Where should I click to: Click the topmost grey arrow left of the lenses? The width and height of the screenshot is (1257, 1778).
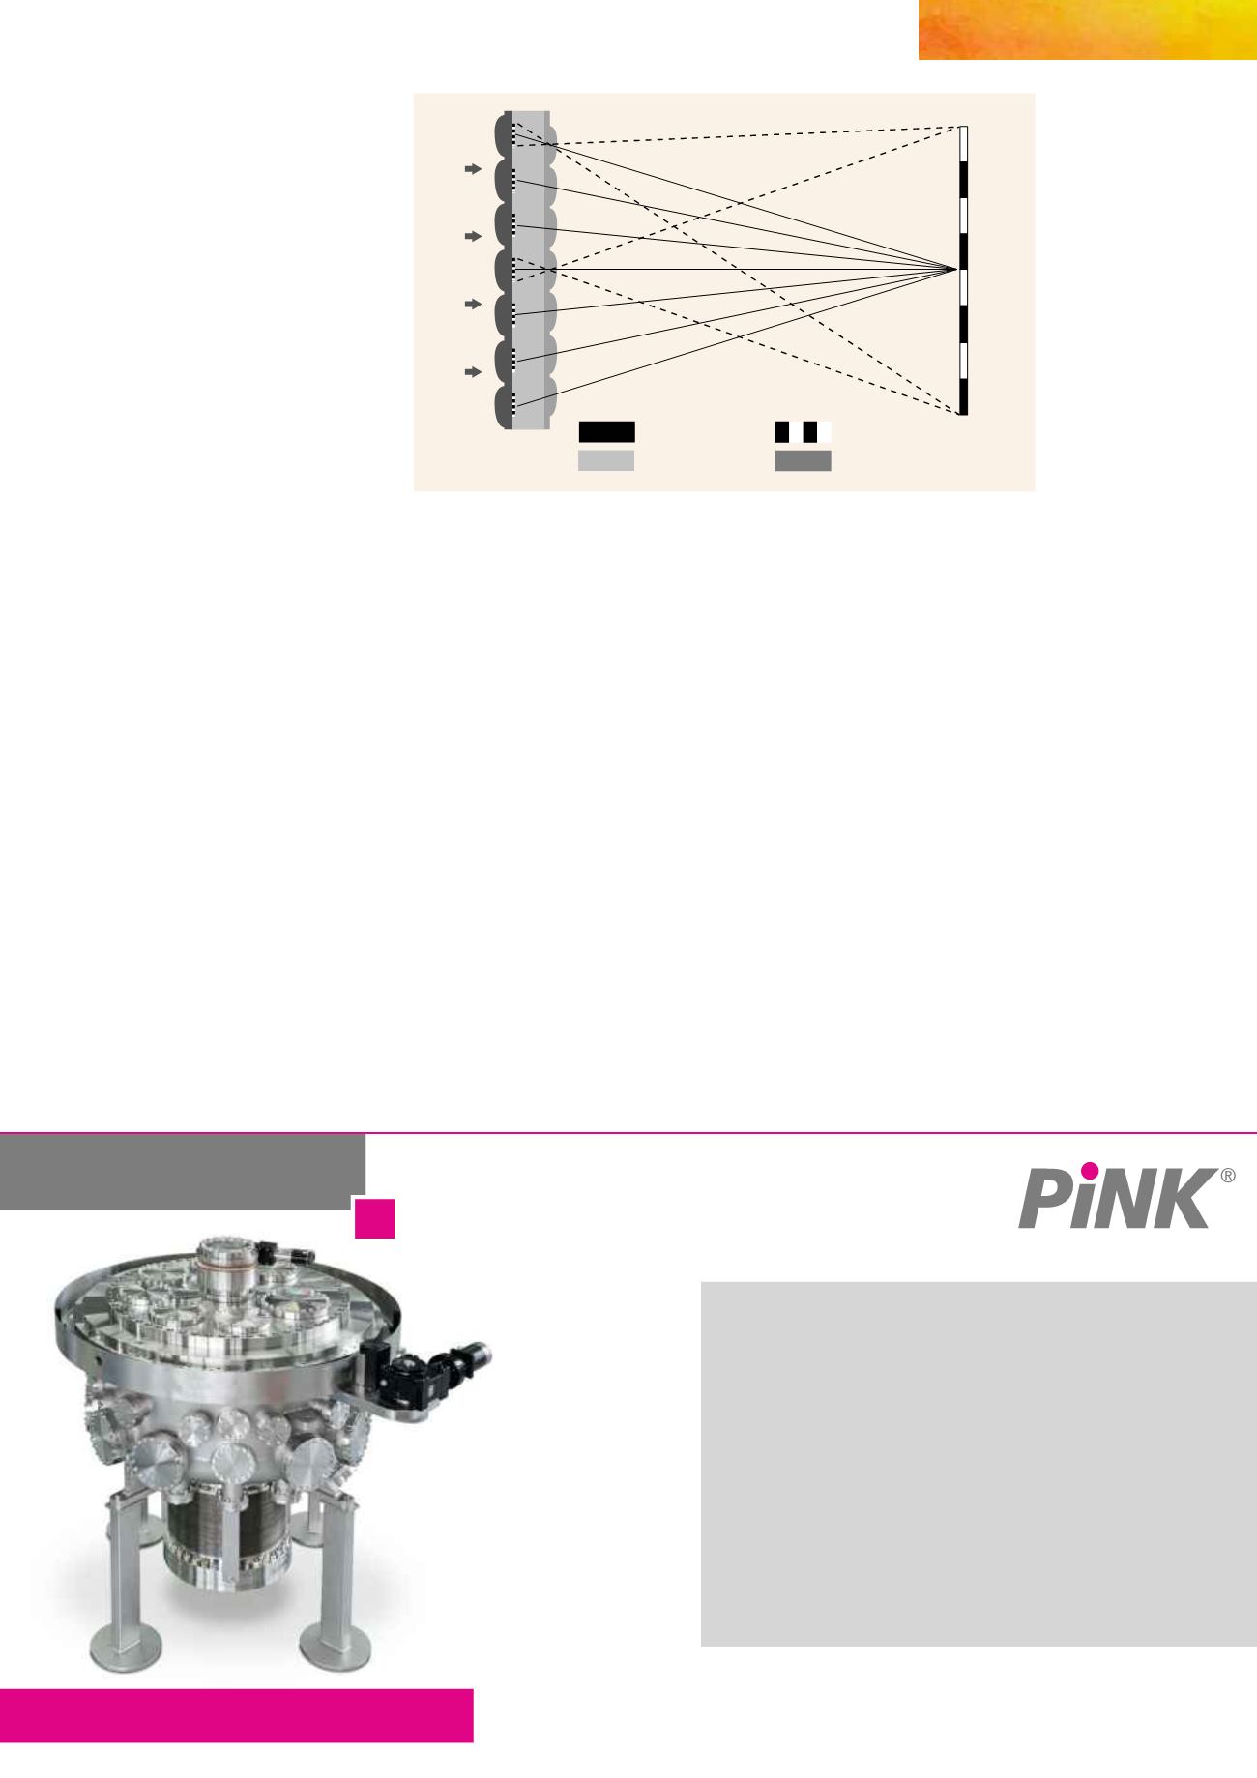pyautogui.click(x=472, y=169)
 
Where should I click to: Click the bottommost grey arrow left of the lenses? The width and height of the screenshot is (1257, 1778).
pyautogui.click(x=472, y=371)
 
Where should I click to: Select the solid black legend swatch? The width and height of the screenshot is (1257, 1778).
pyautogui.click(x=606, y=431)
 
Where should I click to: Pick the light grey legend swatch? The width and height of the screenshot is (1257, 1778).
pyautogui.click(x=606, y=460)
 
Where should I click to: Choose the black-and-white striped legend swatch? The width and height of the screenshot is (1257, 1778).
pyautogui.click(x=804, y=431)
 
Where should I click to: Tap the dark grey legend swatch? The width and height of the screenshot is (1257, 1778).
pyautogui.click(x=804, y=460)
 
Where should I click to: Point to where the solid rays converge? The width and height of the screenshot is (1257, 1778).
pyautogui.click(x=956, y=269)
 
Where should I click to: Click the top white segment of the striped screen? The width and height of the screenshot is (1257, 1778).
pyautogui.click(x=963, y=144)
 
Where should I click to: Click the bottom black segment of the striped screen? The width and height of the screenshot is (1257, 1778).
pyautogui.click(x=963, y=396)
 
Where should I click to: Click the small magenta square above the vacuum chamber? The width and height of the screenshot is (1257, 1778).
pyautogui.click(x=374, y=1218)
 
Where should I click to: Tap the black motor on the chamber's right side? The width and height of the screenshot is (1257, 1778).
pyautogui.click(x=425, y=1368)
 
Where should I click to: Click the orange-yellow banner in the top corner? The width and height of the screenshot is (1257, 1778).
pyautogui.click(x=1088, y=30)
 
